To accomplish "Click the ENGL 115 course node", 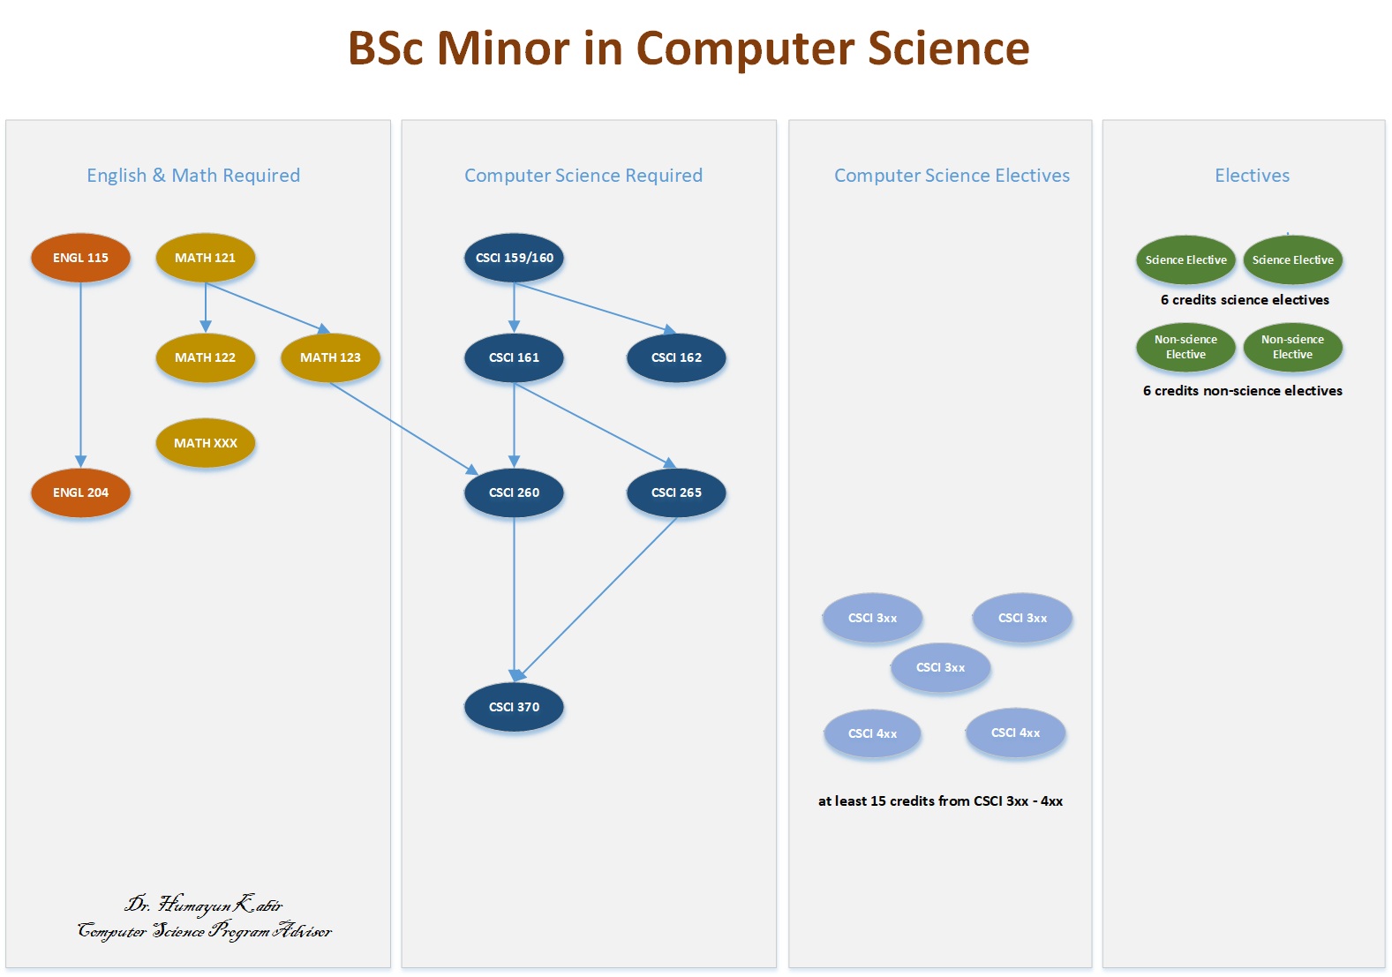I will (80, 258).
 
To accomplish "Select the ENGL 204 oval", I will (80, 492).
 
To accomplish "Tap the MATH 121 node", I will (206, 258).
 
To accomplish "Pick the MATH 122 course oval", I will (206, 357).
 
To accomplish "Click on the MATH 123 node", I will (330, 357).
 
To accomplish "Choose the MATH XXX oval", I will (206, 443).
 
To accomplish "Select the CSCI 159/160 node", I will (514, 258).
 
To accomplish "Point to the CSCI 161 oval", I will (514, 357).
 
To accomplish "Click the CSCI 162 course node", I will (676, 357).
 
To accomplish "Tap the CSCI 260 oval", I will (514, 492).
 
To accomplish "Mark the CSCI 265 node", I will (676, 492).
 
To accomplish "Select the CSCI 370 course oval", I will (514, 707).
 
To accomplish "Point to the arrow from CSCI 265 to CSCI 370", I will (600, 597).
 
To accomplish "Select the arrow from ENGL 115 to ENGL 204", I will (80, 375).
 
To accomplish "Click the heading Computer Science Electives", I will (952, 176).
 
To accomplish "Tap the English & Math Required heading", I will (193, 176).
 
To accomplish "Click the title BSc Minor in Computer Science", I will (688, 49).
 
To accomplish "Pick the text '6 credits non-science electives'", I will (1242, 391).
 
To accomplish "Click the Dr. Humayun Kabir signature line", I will (204, 905).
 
